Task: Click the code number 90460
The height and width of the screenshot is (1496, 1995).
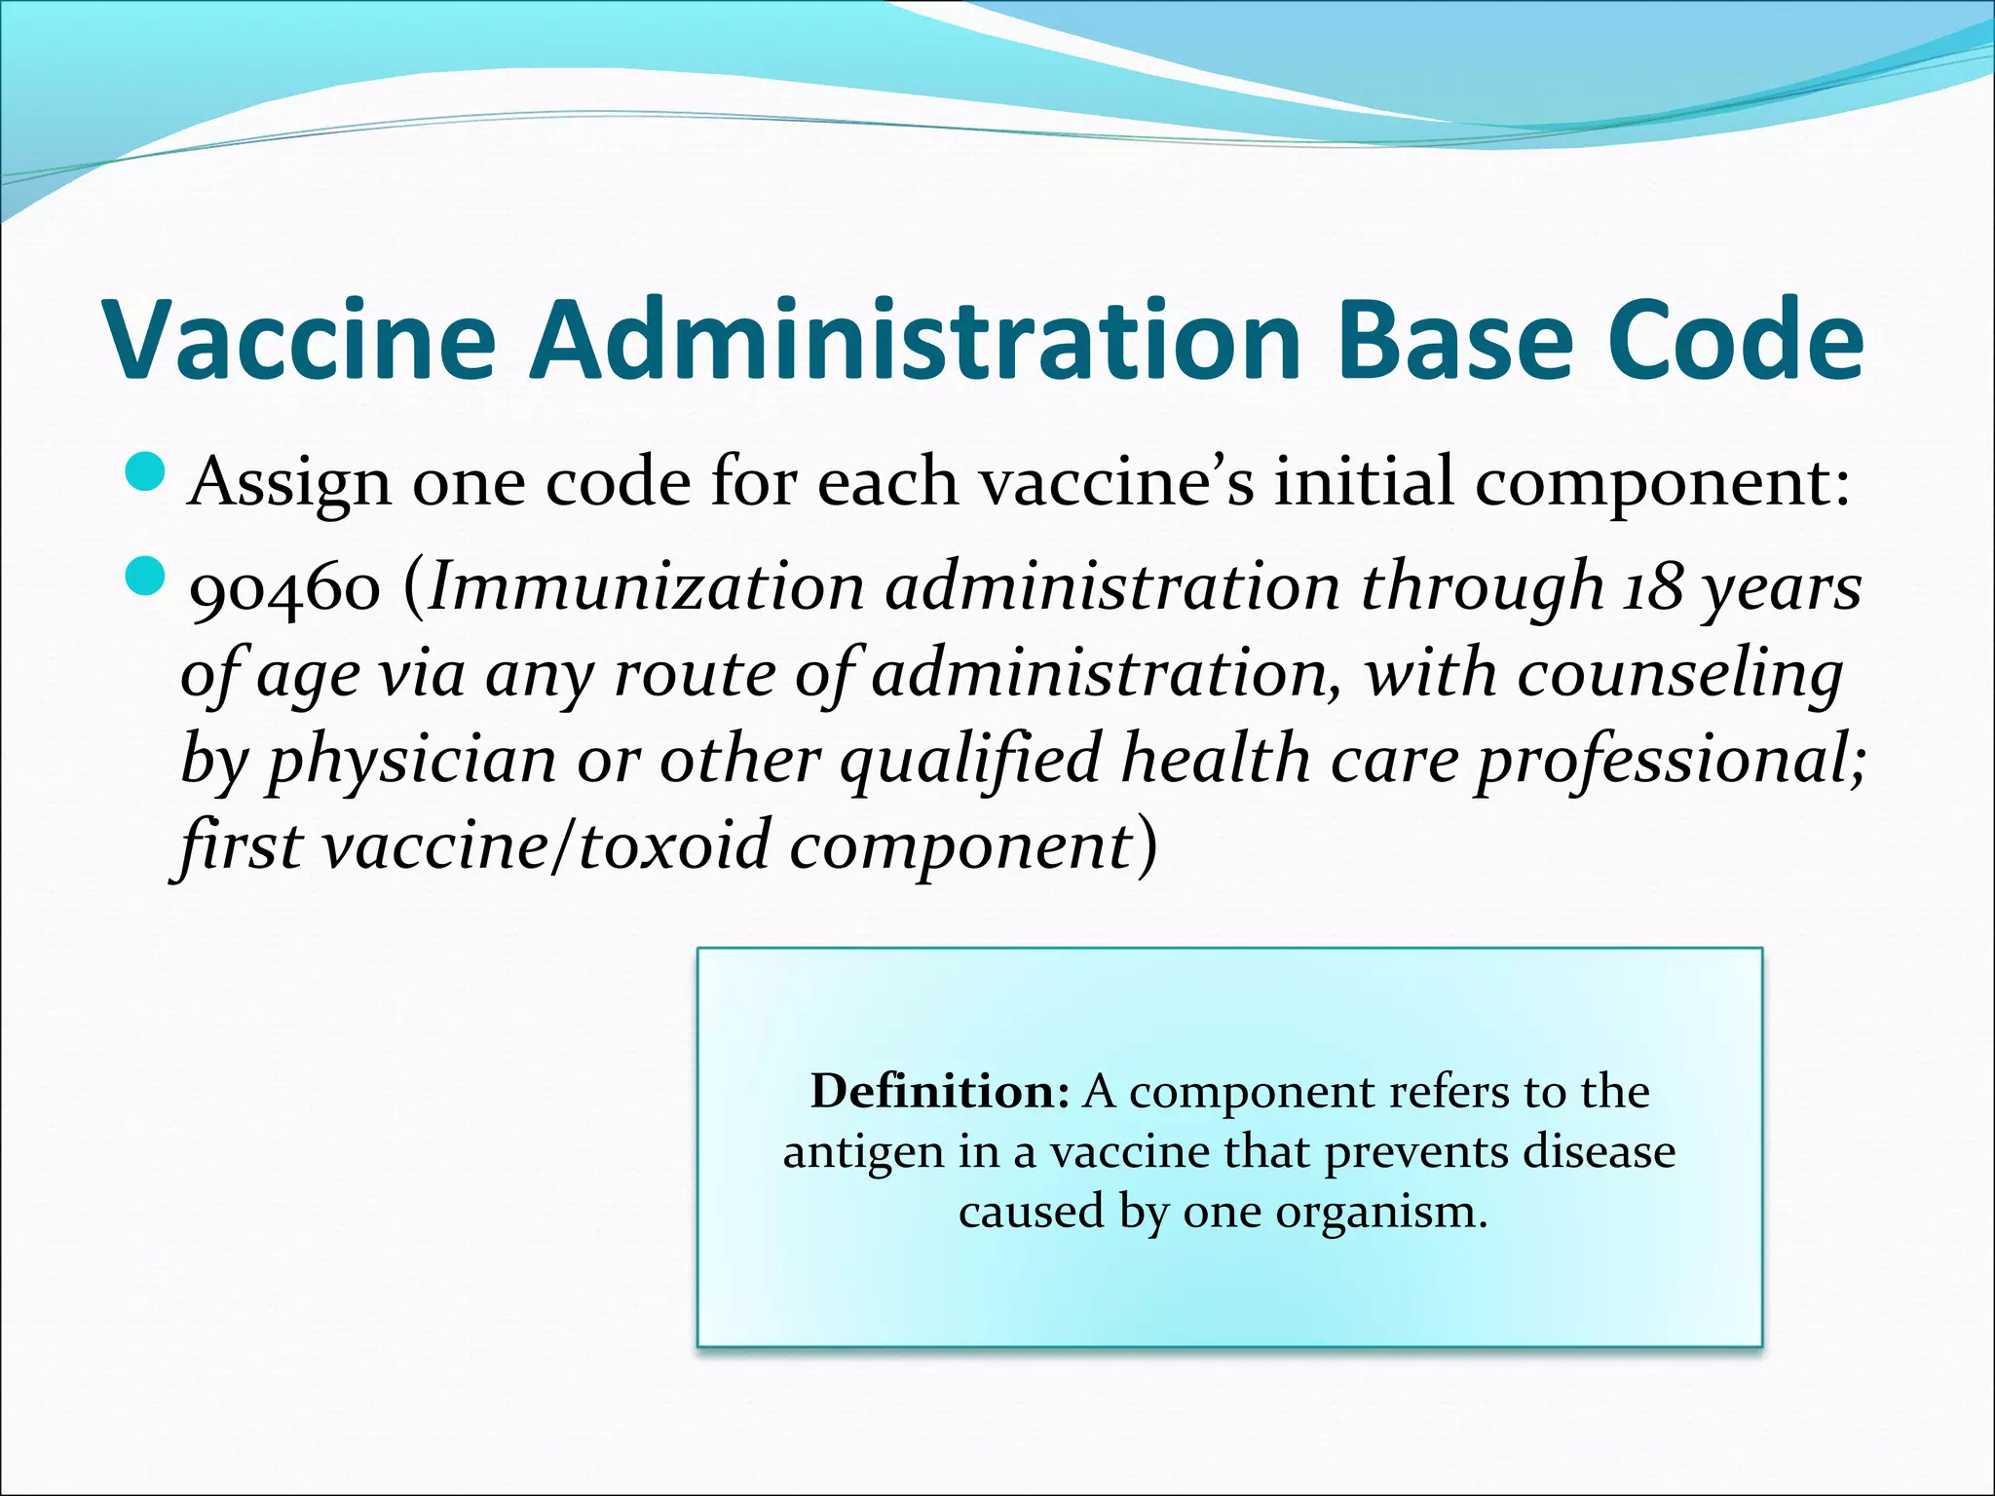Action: tap(284, 590)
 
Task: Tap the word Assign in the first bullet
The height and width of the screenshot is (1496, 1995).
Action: tap(289, 484)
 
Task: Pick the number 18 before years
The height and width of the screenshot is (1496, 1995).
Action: tap(1652, 588)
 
